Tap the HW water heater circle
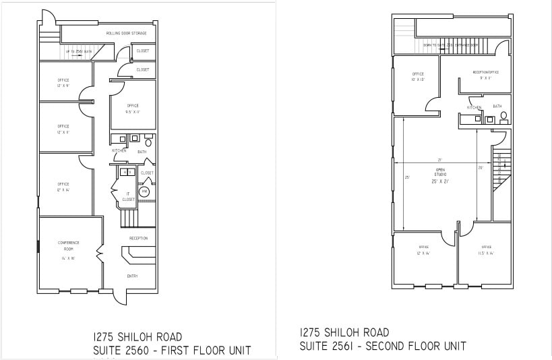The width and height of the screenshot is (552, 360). click(x=144, y=192)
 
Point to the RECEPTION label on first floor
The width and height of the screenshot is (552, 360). click(x=138, y=238)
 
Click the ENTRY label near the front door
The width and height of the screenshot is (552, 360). click(x=132, y=276)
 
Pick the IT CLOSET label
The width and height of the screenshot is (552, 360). click(x=128, y=196)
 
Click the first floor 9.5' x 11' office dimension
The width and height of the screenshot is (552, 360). click(x=133, y=112)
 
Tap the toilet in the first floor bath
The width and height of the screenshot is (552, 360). click(x=148, y=143)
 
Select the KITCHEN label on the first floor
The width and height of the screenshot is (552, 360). click(x=119, y=150)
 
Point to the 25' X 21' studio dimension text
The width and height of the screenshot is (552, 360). click(x=440, y=181)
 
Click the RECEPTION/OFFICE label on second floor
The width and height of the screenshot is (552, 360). click(x=485, y=71)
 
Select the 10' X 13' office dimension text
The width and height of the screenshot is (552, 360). click(x=418, y=80)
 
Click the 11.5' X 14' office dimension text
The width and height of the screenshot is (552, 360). click(x=486, y=253)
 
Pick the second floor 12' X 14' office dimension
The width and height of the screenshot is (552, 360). click(x=423, y=253)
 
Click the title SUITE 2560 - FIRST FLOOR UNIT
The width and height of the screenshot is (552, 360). click(x=171, y=350)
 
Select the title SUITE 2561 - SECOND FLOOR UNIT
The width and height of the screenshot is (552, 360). click(x=382, y=347)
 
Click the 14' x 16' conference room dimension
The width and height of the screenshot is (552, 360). click(x=68, y=258)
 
